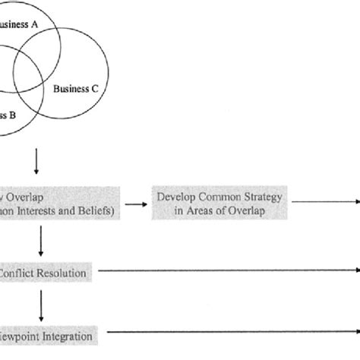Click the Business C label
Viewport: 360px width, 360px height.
[76, 88]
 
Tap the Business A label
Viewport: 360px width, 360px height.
[19, 24]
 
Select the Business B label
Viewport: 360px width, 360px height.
[8, 116]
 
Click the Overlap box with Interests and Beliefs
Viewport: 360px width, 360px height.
[57, 204]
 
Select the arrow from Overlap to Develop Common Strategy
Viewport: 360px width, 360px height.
[137, 204]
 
